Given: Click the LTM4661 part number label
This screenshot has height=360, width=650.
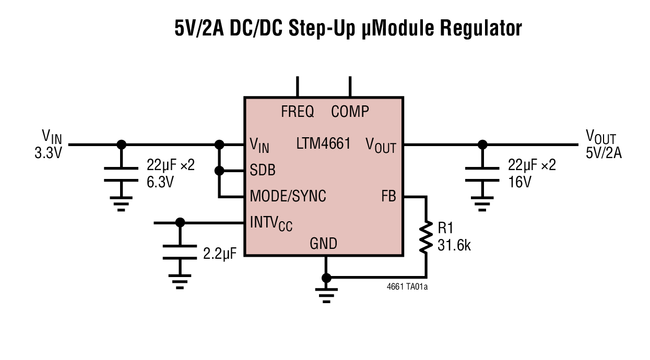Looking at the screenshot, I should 323,143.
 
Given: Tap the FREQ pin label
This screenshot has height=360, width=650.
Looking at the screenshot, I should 298,111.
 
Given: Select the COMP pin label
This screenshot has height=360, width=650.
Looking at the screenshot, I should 350,111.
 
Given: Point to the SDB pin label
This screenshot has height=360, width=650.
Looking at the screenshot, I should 263,171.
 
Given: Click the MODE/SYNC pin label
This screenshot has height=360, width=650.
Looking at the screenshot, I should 288,196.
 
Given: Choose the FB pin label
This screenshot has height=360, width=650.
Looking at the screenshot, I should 388,196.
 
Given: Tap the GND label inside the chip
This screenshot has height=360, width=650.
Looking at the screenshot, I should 324,243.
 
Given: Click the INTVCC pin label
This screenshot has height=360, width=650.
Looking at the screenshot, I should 271,224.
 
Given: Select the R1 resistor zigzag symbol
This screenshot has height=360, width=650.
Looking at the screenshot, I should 427,237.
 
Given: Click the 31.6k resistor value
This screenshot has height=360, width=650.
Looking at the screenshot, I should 454,245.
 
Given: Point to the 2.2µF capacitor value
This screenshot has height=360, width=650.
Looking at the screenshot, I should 220,254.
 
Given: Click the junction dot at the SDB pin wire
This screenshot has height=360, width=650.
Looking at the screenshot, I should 220,171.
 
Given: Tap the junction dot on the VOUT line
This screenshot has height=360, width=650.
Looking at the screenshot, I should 482,144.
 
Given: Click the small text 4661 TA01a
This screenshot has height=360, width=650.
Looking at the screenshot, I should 408,286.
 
